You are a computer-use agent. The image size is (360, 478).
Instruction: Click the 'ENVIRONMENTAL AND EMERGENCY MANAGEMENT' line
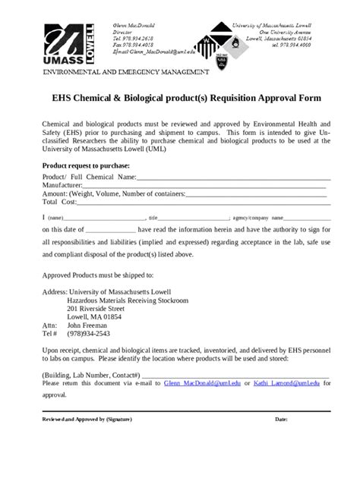[125, 72]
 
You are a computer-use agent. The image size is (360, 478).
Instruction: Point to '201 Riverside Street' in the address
[96, 310]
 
